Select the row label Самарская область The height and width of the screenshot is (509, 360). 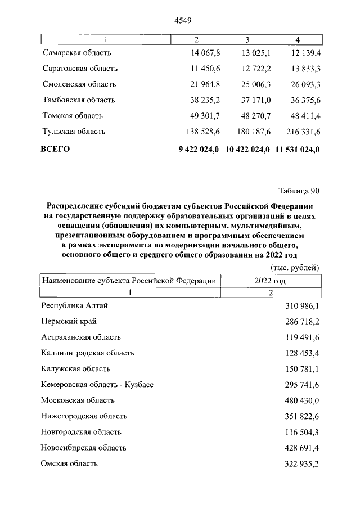coord(77,53)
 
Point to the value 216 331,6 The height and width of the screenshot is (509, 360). coord(300,132)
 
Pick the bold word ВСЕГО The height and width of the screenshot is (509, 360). coord(56,150)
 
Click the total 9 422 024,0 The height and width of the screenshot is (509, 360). coord(198,150)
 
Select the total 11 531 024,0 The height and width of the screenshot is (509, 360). coord(298,150)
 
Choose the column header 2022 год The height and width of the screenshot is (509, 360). coord(271,281)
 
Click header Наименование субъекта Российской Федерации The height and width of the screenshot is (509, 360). coord(129,281)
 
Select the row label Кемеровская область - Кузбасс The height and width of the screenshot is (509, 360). coord(97,385)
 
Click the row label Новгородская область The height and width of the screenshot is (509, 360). coord(81,432)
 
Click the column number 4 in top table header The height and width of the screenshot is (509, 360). coord(297,40)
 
